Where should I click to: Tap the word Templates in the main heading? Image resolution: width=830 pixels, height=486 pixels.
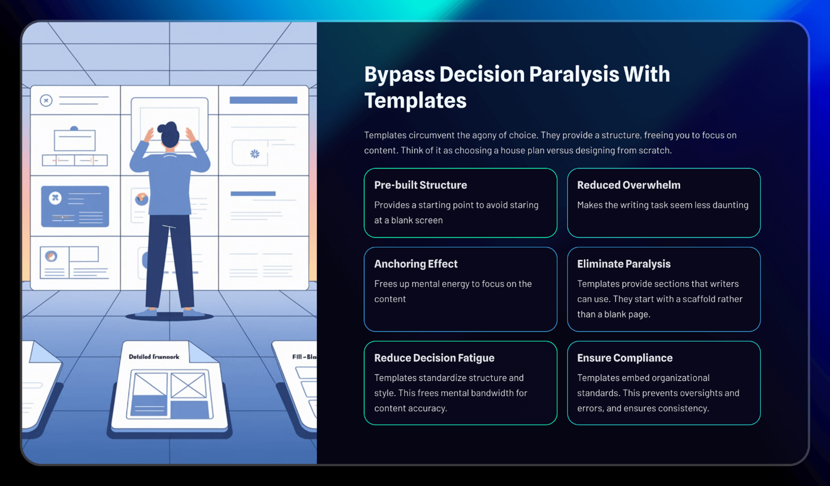pyautogui.click(x=415, y=100)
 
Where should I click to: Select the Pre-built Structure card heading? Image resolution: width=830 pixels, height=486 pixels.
pyautogui.click(x=420, y=185)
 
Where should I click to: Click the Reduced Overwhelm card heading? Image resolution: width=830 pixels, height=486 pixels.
pyautogui.click(x=629, y=185)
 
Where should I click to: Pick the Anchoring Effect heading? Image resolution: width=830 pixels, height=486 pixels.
pyautogui.click(x=416, y=264)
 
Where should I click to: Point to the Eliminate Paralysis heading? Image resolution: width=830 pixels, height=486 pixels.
pyautogui.click(x=624, y=264)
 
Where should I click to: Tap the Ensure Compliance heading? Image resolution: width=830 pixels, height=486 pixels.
pyautogui.click(x=625, y=358)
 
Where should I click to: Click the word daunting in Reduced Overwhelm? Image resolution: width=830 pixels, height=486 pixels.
pyautogui.click(x=730, y=205)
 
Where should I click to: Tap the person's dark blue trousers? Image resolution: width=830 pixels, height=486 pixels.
pyautogui.click(x=169, y=262)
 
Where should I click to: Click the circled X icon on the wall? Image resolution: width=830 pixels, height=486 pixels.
pyautogui.click(x=46, y=100)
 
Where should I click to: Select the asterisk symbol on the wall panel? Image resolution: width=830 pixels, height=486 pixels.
pyautogui.click(x=255, y=153)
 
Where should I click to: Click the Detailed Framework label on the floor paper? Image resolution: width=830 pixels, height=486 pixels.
pyautogui.click(x=154, y=357)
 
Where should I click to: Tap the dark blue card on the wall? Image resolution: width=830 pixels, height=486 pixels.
pyautogui.click(x=75, y=206)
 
